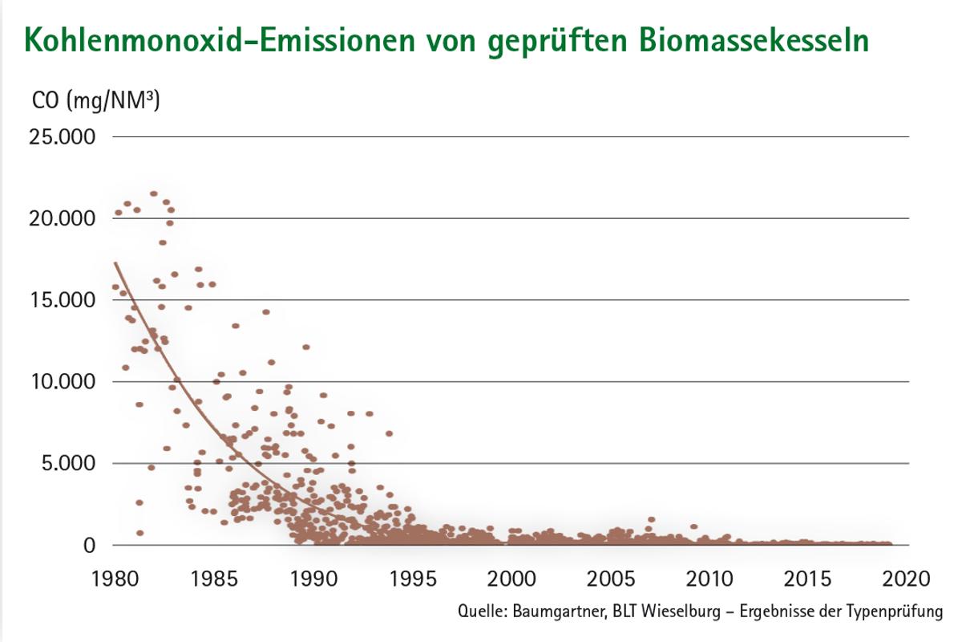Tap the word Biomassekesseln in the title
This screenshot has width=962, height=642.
click(754, 40)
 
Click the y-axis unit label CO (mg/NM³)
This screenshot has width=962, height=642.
click(95, 101)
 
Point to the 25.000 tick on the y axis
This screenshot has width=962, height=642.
click(62, 137)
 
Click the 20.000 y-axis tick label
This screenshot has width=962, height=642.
click(62, 218)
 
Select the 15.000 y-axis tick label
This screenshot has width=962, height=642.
click(62, 300)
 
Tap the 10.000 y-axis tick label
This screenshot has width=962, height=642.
click(62, 382)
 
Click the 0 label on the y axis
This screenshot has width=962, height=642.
click(90, 546)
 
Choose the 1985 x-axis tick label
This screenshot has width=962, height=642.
click(214, 579)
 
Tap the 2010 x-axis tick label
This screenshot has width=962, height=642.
click(710, 579)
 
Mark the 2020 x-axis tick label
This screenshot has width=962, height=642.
click(908, 579)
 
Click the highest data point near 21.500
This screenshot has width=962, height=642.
click(154, 193)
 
